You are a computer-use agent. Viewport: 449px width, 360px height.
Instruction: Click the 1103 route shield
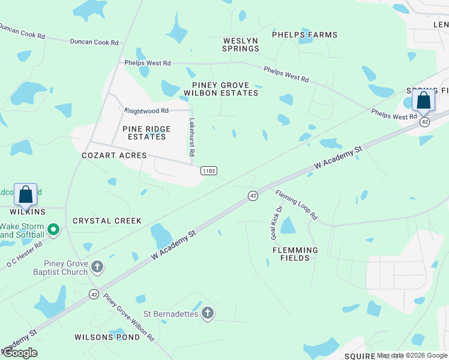tap(208, 171)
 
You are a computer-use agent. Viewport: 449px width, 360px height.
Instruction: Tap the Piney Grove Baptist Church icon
tap(97, 266)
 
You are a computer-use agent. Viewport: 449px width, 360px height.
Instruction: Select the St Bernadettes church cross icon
tap(207, 313)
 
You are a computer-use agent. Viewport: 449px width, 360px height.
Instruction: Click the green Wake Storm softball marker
tap(53, 229)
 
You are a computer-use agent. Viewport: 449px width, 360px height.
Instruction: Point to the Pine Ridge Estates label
tap(146, 133)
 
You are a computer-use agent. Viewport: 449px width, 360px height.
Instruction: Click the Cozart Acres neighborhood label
tap(114, 155)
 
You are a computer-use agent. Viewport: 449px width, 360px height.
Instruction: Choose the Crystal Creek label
tap(107, 221)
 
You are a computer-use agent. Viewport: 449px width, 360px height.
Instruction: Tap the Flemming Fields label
tap(295, 254)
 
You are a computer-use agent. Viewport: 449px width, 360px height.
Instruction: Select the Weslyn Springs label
tap(240, 44)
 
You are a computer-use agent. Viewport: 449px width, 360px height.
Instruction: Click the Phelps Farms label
tap(304, 35)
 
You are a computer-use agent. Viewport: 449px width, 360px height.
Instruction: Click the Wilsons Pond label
tap(107, 337)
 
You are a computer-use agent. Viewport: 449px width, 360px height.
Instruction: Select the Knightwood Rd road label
tap(146, 110)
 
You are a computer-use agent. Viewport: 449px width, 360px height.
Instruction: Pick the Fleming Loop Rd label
tap(296, 204)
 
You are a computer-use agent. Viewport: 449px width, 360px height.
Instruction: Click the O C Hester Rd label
tap(25, 254)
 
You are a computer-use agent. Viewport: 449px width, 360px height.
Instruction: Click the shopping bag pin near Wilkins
tap(26, 194)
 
